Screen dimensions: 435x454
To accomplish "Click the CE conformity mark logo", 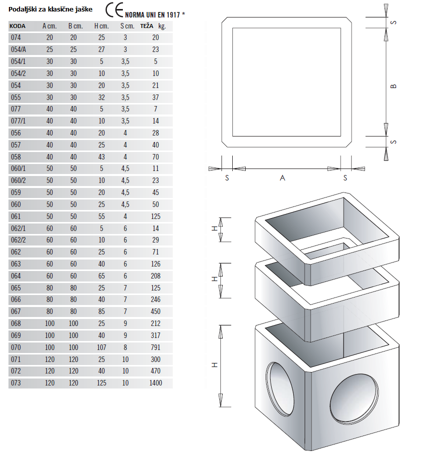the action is point(114,10).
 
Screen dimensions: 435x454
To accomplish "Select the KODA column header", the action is point(17,26).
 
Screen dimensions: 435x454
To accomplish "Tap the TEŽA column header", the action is point(147,26).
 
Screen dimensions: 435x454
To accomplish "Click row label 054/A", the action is point(18,49).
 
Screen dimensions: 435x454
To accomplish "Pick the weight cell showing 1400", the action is point(156,383).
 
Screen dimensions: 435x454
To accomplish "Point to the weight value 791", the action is point(156,347).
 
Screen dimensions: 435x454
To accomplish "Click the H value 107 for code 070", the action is point(101,347).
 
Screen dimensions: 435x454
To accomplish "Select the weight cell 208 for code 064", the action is point(156,276).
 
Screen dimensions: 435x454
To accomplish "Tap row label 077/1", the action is point(18,120).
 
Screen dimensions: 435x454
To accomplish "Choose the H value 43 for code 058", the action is point(101,157).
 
